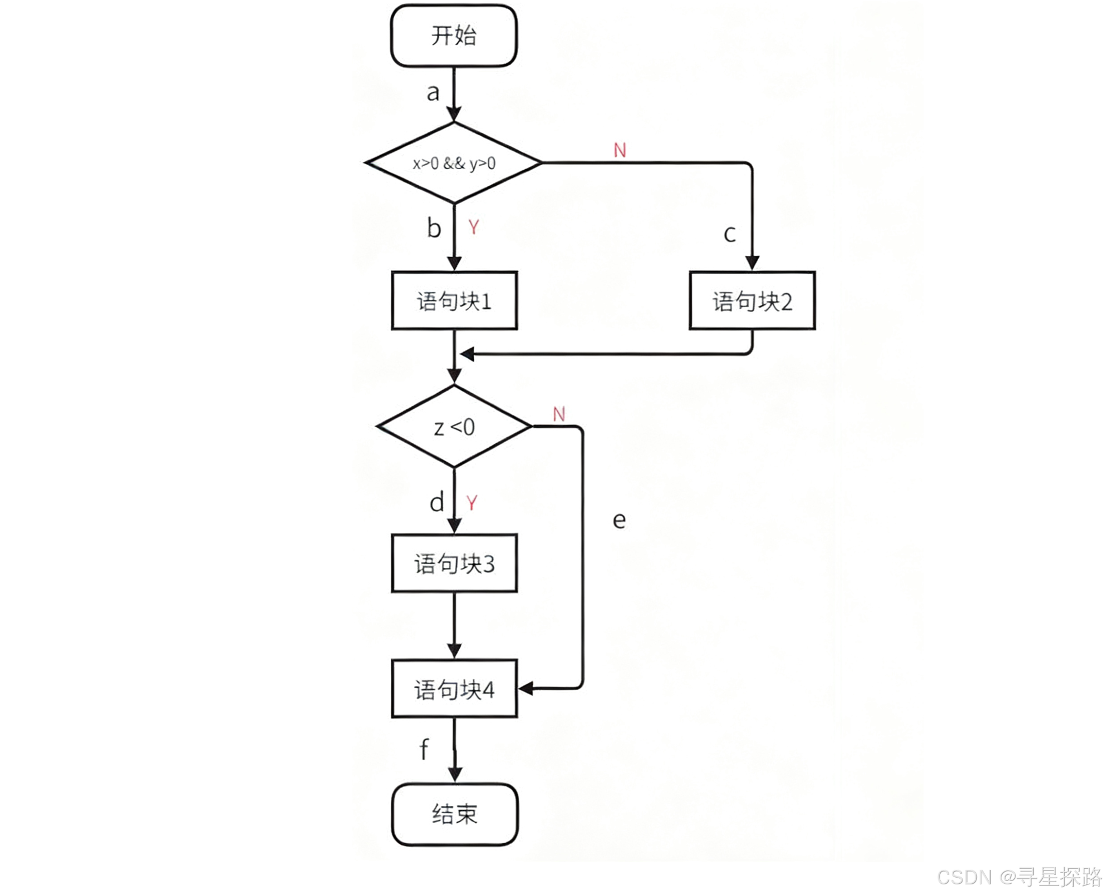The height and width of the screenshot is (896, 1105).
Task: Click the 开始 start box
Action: (x=454, y=36)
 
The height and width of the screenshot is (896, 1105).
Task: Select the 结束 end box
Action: (x=455, y=814)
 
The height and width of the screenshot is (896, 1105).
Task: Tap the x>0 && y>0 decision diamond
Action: (x=454, y=163)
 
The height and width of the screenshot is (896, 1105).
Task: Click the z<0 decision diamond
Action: (x=454, y=427)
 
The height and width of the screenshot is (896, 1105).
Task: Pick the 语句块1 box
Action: (x=454, y=301)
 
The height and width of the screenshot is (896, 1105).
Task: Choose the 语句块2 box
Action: (x=752, y=301)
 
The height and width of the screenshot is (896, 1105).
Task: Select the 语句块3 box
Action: (x=454, y=563)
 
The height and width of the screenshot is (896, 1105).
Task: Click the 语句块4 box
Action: (x=454, y=689)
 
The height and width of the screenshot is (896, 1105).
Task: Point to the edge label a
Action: (x=433, y=93)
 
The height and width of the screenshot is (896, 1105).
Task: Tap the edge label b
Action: (x=434, y=228)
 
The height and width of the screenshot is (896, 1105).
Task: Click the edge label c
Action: (x=729, y=234)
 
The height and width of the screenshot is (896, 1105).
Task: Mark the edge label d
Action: (x=437, y=502)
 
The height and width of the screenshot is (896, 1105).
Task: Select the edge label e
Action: (x=619, y=521)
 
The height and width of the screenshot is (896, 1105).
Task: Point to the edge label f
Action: (x=424, y=749)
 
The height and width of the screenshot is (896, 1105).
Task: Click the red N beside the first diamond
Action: (x=620, y=150)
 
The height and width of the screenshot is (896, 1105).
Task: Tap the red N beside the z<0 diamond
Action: (x=559, y=414)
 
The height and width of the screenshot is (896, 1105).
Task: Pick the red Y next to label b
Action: (x=473, y=227)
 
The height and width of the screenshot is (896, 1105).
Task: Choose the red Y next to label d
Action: (x=472, y=503)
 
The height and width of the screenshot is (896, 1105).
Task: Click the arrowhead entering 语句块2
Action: (x=752, y=263)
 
